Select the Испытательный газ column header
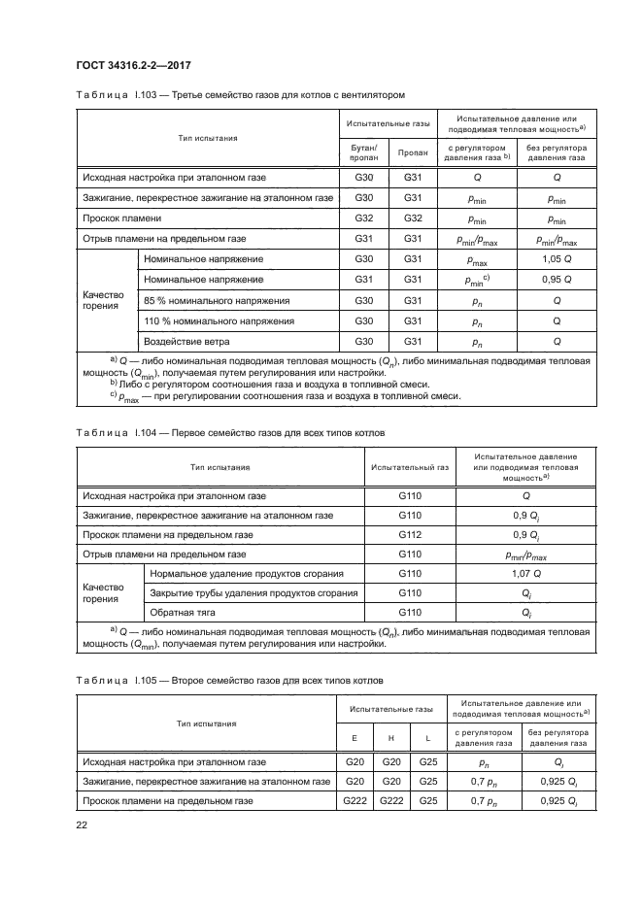[x=409, y=466]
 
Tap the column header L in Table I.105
[x=427, y=739]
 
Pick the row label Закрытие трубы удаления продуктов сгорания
[x=253, y=592]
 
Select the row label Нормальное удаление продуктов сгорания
[x=247, y=573]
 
